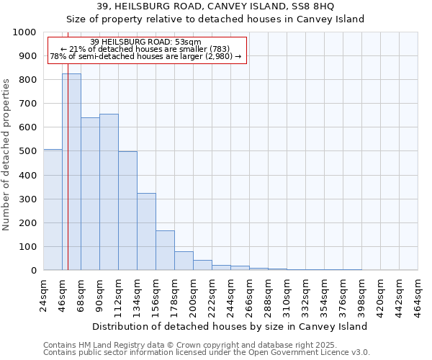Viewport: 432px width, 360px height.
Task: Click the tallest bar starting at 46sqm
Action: pos(71,172)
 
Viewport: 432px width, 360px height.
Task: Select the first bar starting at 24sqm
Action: pos(53,210)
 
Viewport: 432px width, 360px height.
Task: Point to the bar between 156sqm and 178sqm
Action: pos(165,251)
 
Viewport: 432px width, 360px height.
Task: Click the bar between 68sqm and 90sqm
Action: pos(90,194)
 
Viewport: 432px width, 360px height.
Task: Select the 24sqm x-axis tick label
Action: pos(43,296)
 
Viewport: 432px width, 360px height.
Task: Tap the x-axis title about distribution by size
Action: pos(230,326)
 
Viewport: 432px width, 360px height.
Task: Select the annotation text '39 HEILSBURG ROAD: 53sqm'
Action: pos(146,42)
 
